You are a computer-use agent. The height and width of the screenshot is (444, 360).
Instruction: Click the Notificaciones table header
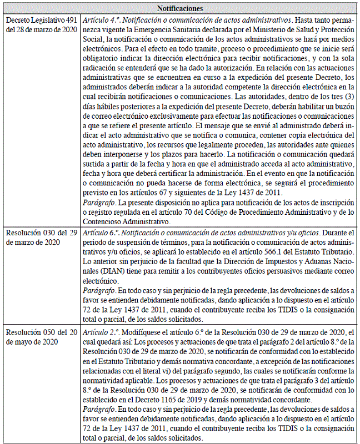pos(180,8)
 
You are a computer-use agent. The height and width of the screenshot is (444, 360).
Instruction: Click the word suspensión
pos(128,244)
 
